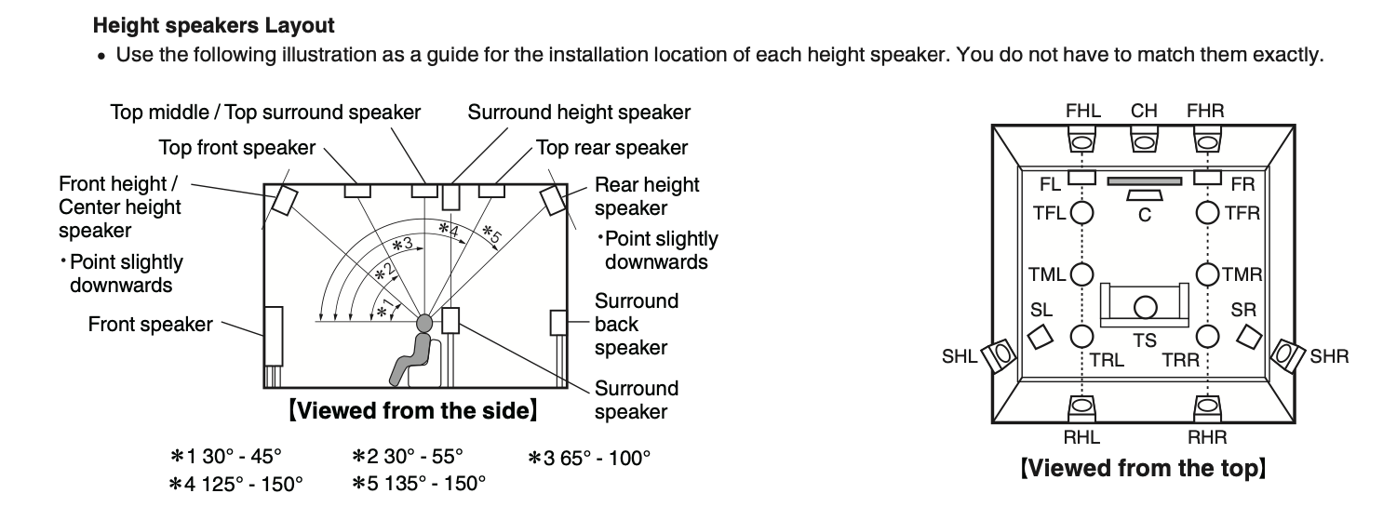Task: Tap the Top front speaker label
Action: point(237,147)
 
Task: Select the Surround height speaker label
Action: point(579,113)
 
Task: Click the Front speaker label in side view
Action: point(150,325)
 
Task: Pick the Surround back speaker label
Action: point(637,325)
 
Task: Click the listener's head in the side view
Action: point(424,323)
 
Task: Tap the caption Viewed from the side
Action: point(413,409)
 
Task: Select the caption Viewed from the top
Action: point(1144,467)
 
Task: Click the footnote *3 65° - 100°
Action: point(589,458)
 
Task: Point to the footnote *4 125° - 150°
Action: point(236,484)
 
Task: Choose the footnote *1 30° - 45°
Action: point(225,458)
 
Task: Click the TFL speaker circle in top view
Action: point(1081,213)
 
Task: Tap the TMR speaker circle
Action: point(1207,274)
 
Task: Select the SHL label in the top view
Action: point(960,356)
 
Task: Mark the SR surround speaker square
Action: point(1248,334)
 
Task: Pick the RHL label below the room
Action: point(1081,437)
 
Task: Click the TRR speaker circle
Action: point(1207,336)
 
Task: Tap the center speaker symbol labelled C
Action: point(1144,194)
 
